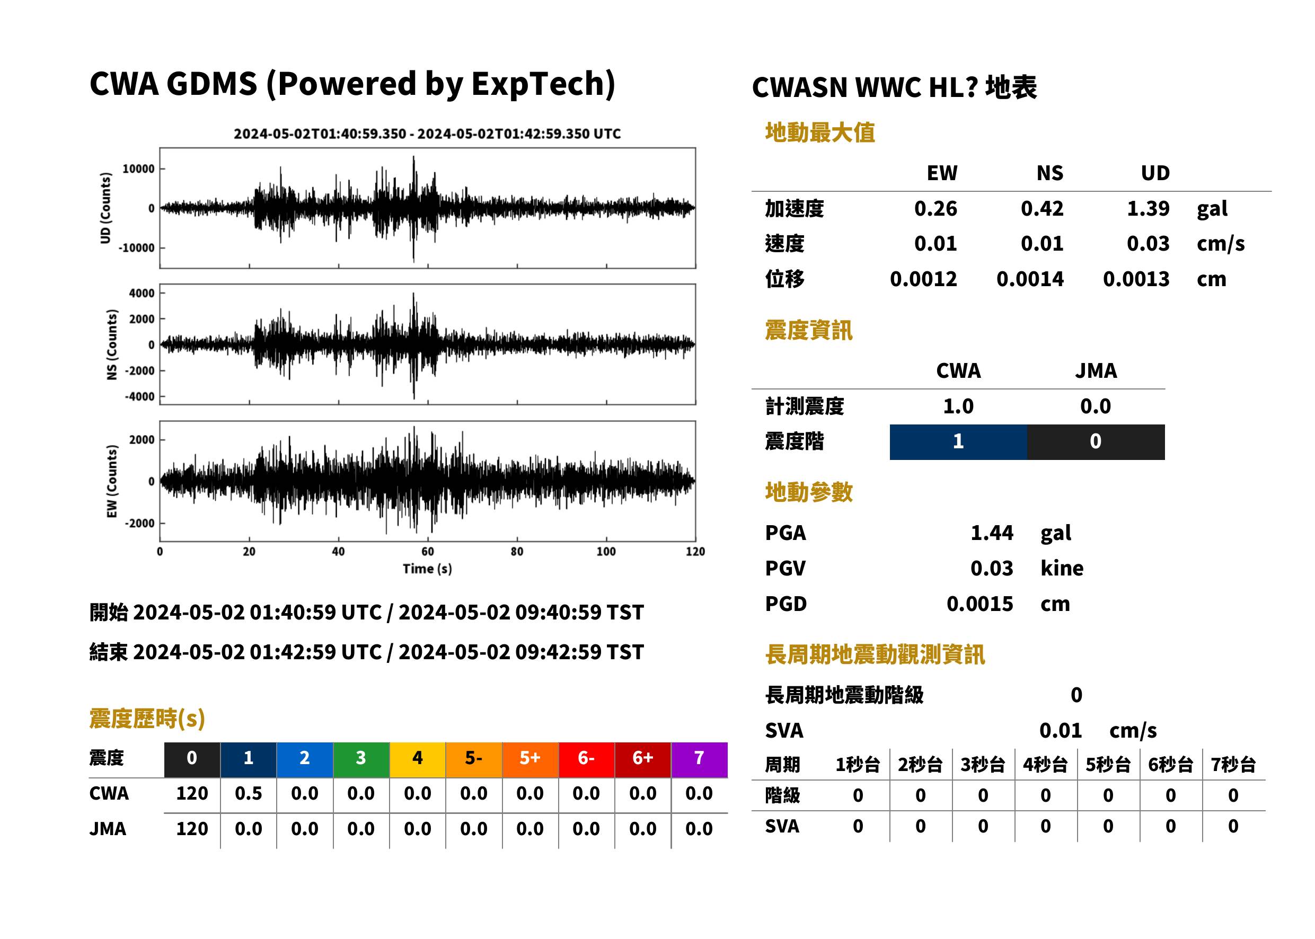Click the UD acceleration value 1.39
point(1148,208)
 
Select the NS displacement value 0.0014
point(1030,279)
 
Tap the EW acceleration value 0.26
point(935,208)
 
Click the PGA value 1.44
point(992,533)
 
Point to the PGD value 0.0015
point(979,604)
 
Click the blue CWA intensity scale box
point(958,442)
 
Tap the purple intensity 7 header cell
point(699,760)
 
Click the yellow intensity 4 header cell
point(418,760)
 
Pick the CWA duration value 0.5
point(248,793)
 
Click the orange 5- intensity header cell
point(474,760)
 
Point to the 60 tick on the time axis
point(427,552)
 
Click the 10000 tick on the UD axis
point(138,169)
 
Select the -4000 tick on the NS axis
point(139,397)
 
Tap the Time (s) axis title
point(427,569)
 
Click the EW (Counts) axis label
point(112,481)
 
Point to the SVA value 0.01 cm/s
point(1098,731)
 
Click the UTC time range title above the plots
point(427,134)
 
